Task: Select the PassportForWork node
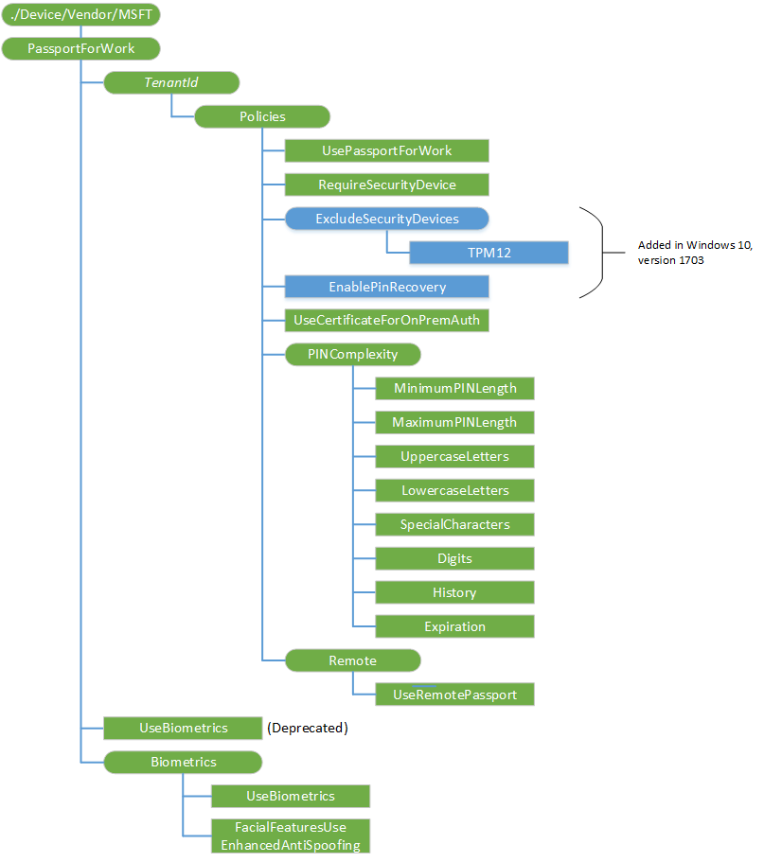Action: [x=81, y=48]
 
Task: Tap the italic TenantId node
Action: [x=170, y=82]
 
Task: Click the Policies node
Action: [x=261, y=116]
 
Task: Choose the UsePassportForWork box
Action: [x=386, y=150]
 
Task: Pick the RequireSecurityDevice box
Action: [x=386, y=185]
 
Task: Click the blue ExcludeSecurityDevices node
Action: [x=386, y=219]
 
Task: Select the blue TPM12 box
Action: [x=489, y=253]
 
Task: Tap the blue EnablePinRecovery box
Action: [x=386, y=287]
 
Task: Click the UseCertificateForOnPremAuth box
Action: [x=386, y=320]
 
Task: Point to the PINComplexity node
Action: [x=352, y=355]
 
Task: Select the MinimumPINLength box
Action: [x=454, y=389]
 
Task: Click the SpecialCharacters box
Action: [x=454, y=524]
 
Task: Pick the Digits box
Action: [x=454, y=558]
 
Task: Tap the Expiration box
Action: [x=454, y=626]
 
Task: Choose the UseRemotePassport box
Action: [x=454, y=695]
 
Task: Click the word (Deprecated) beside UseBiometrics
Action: [x=308, y=728]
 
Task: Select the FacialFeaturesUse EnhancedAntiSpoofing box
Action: [x=290, y=836]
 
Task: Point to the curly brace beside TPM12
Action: [x=596, y=252]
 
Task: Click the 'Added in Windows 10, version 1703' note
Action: [x=695, y=252]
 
